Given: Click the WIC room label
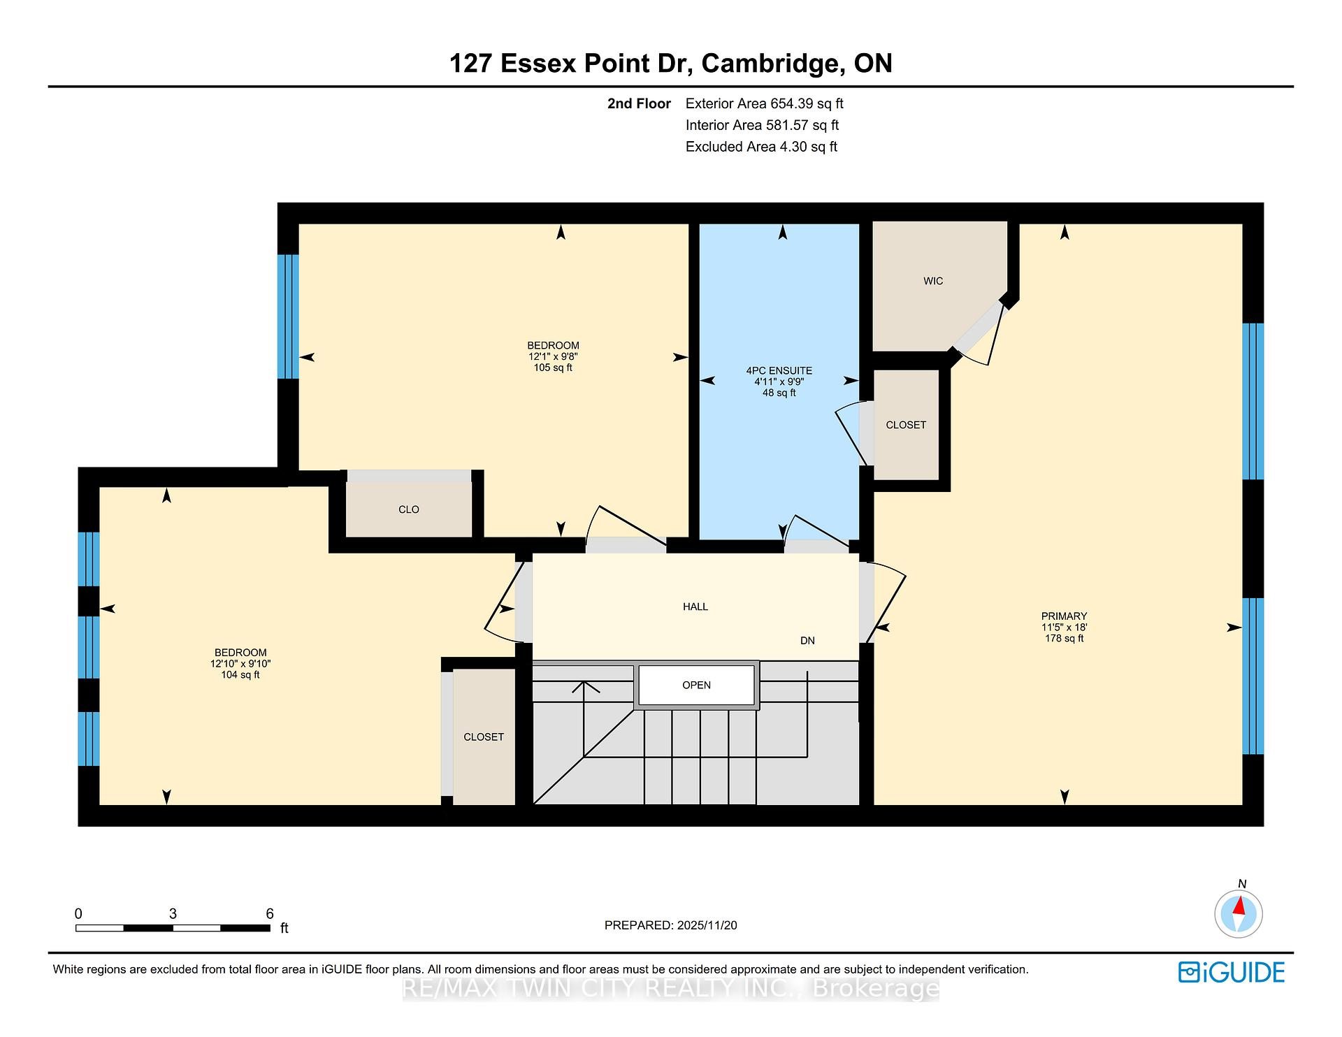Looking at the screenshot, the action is pyautogui.click(x=933, y=281).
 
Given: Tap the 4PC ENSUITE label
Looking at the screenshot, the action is pyautogui.click(x=779, y=371).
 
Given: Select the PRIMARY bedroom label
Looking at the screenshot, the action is pyautogui.click(x=1064, y=616).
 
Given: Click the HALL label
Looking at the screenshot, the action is pyautogui.click(x=695, y=607).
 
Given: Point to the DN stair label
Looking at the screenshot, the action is pyautogui.click(x=807, y=641).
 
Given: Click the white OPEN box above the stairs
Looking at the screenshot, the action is pyautogui.click(x=697, y=686).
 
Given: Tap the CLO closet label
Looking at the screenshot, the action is pyautogui.click(x=409, y=509).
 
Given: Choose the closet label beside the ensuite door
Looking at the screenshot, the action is pyautogui.click(x=906, y=425).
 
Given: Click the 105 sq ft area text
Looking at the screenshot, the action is pyautogui.click(x=553, y=368).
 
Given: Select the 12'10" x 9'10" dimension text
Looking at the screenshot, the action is pyautogui.click(x=240, y=664).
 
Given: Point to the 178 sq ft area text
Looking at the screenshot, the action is pyautogui.click(x=1064, y=639).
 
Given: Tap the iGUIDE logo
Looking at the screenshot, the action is pyautogui.click(x=1232, y=972).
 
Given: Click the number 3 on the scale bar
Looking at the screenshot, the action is pyautogui.click(x=173, y=913).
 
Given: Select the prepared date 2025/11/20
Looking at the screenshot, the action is pyautogui.click(x=707, y=925).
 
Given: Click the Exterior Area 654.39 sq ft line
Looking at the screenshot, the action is pyautogui.click(x=765, y=103).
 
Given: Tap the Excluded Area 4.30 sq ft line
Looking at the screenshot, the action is pyautogui.click(x=761, y=147).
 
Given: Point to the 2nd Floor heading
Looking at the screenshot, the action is pyautogui.click(x=639, y=103).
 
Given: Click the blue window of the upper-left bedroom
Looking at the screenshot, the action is pyautogui.click(x=288, y=317).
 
